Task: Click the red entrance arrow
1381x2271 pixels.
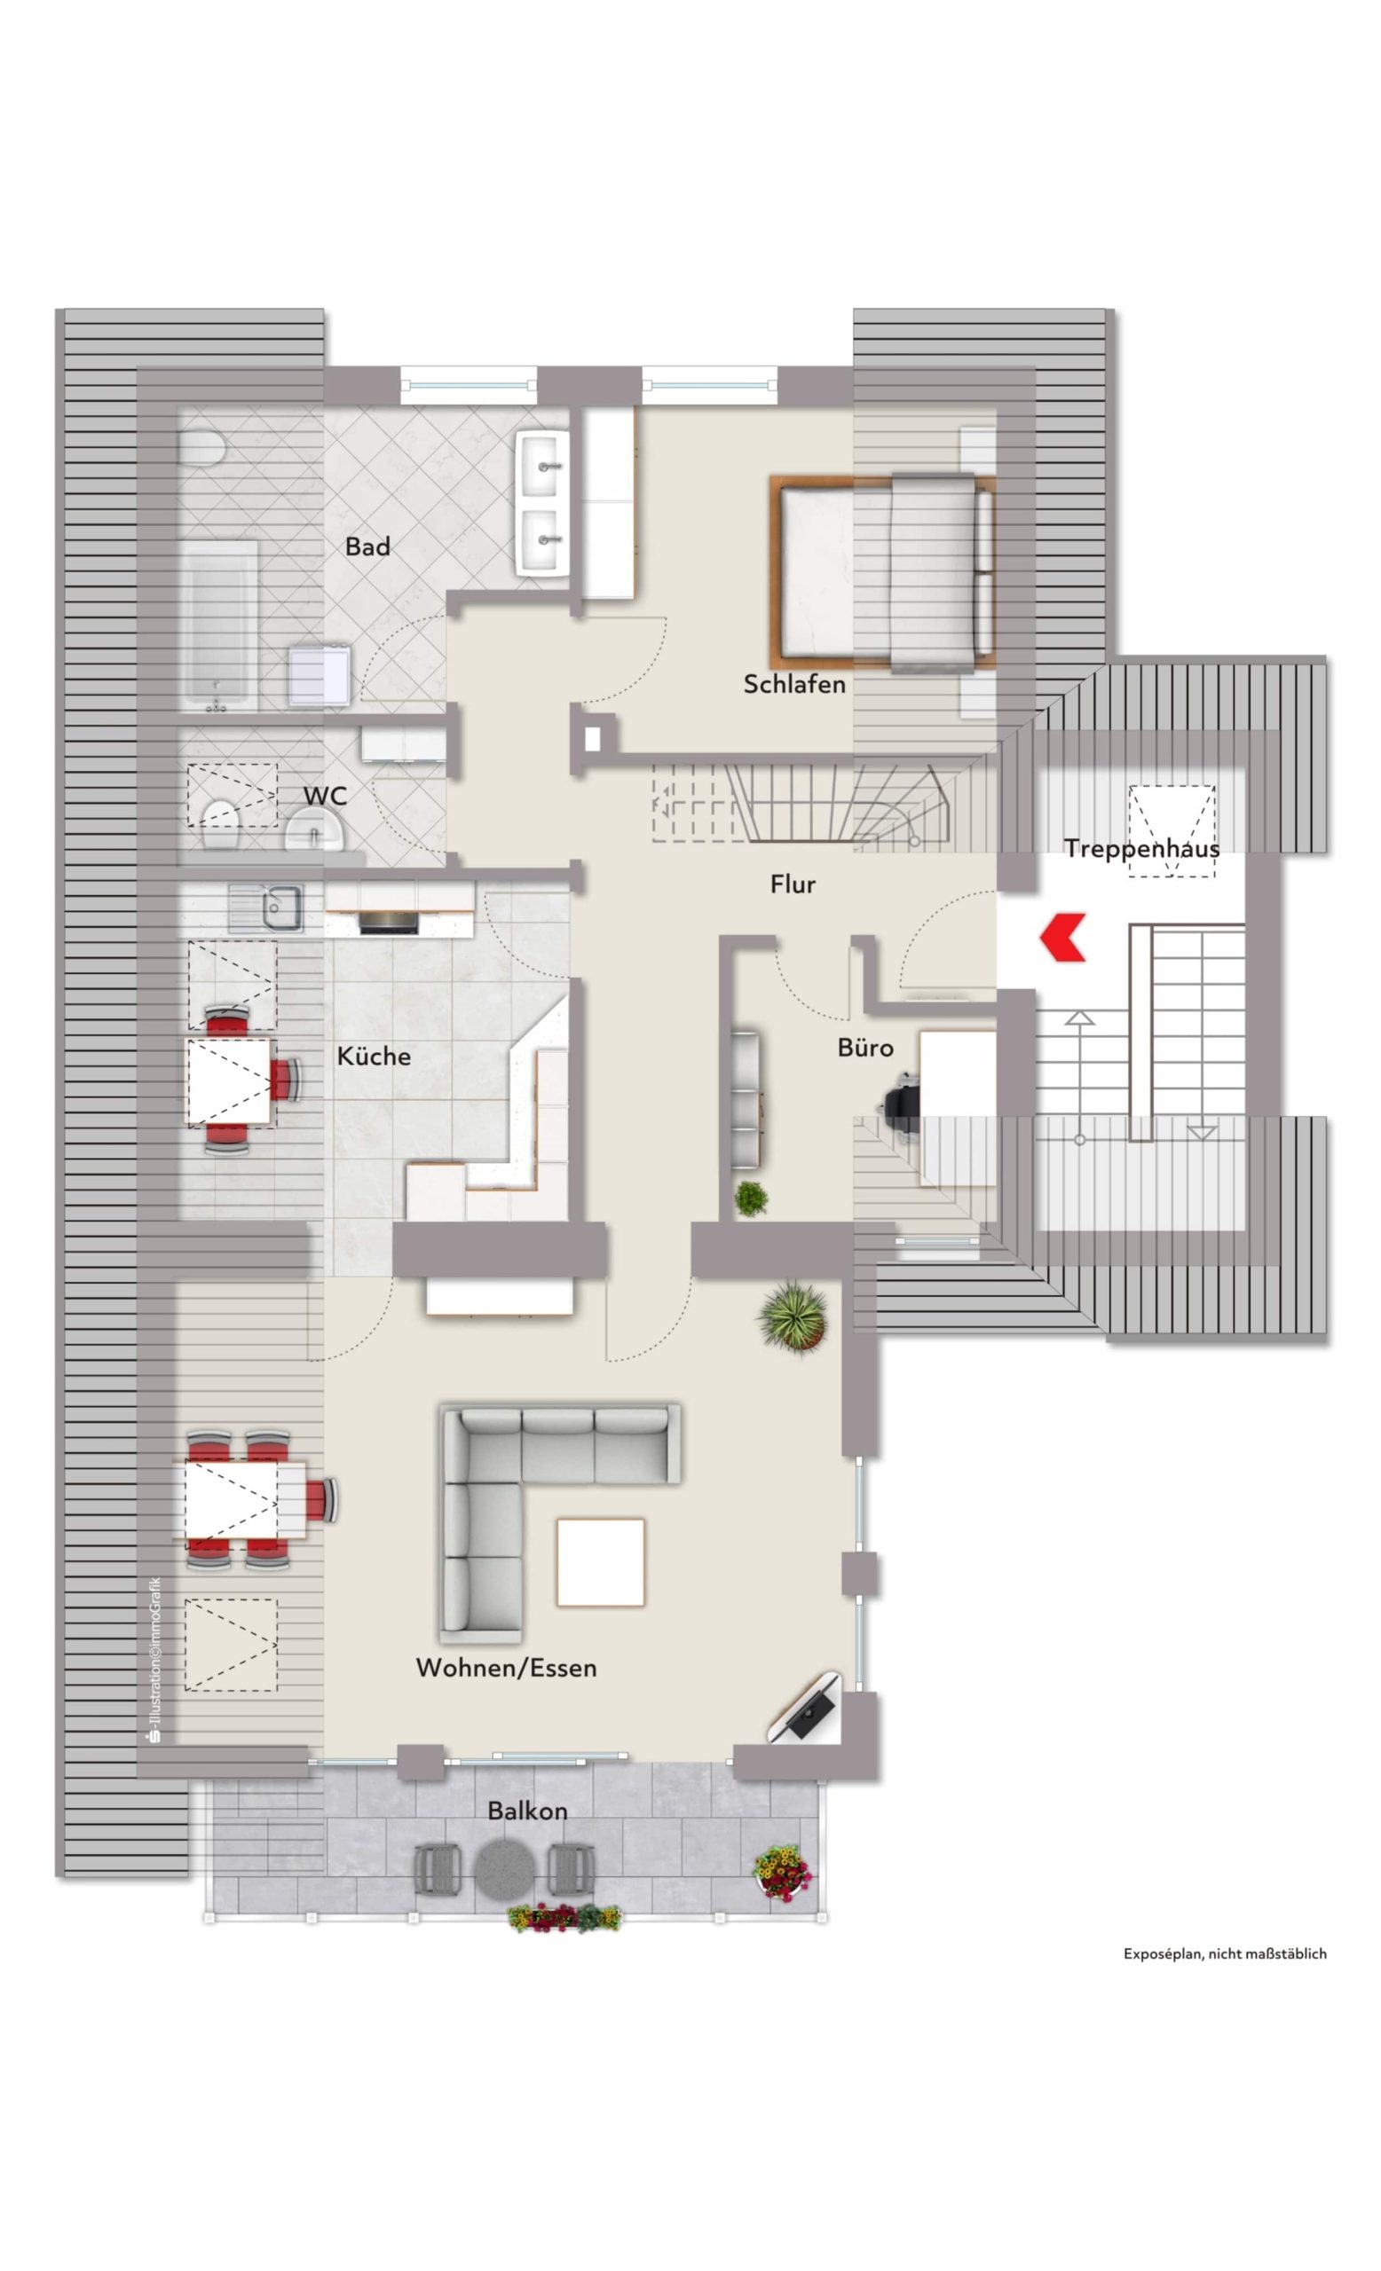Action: (x=1062, y=937)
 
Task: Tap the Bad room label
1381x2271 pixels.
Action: (x=367, y=546)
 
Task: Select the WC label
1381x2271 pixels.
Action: (x=326, y=796)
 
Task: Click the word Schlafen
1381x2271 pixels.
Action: (x=793, y=684)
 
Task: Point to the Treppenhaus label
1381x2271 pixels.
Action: (x=1141, y=848)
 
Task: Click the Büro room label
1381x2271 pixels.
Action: (x=864, y=1047)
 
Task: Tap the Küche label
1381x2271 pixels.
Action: (x=374, y=1056)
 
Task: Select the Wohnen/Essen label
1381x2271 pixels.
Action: (x=506, y=1667)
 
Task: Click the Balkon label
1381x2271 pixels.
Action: (x=527, y=1811)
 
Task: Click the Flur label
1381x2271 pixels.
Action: (x=793, y=884)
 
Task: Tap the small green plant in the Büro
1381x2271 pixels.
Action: (x=751, y=1198)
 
